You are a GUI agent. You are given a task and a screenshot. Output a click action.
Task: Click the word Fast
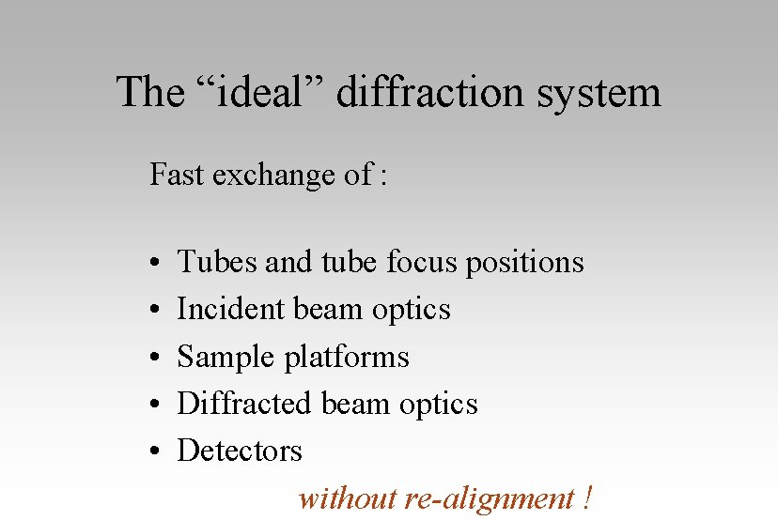(x=178, y=175)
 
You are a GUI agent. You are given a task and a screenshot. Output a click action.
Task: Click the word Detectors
(x=240, y=451)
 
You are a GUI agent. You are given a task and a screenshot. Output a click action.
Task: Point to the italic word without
(x=347, y=497)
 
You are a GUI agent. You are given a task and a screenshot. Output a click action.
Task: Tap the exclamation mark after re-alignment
(x=586, y=497)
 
